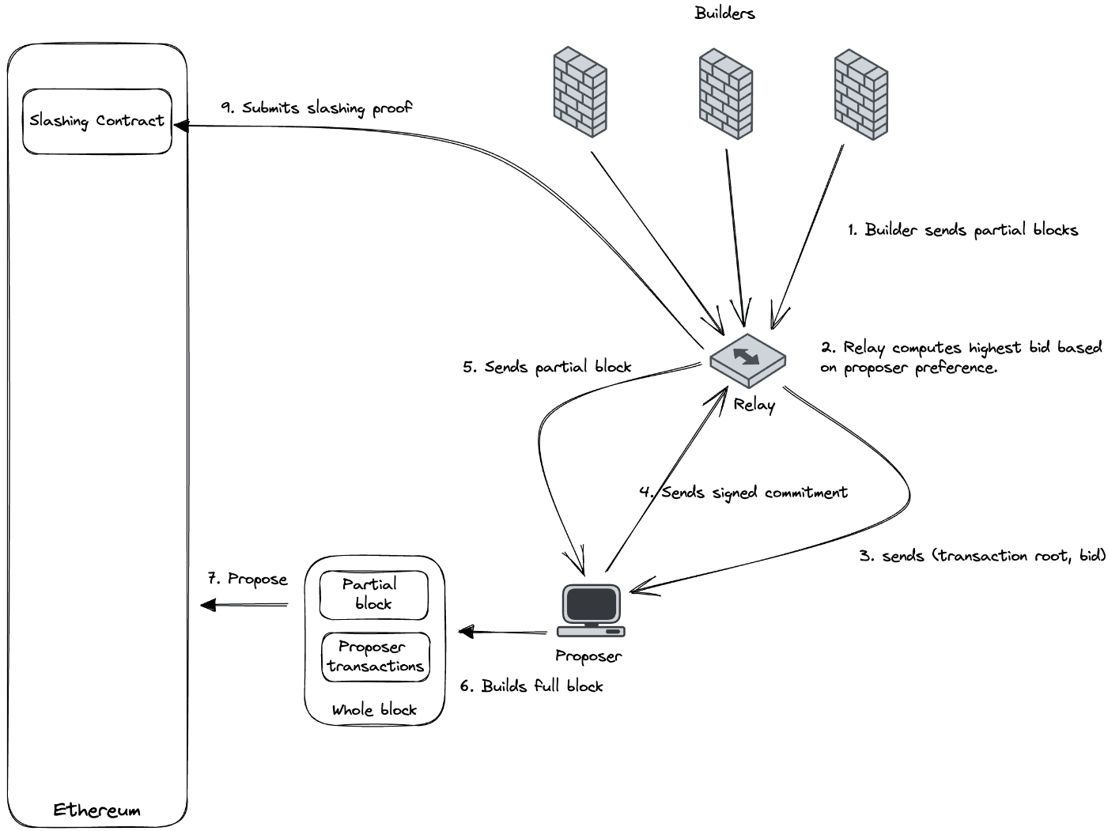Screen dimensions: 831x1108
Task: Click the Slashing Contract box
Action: pos(97,121)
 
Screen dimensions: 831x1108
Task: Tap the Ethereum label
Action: pos(96,810)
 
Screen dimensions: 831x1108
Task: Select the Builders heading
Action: pos(724,13)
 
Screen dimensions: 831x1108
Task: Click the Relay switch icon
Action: pos(748,358)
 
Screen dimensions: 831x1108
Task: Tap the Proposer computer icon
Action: pos(591,611)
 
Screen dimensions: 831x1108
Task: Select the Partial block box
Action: pos(373,595)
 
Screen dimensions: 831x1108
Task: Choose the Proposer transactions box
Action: pos(376,656)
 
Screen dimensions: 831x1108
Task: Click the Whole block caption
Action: pos(374,709)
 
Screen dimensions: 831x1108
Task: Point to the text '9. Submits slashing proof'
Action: pos(316,108)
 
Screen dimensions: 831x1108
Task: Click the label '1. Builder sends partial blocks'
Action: pos(962,230)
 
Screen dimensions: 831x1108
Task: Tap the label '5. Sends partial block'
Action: pos(547,367)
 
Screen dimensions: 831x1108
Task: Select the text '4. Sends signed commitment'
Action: pos(743,493)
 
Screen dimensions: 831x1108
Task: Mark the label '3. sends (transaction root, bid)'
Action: pos(982,556)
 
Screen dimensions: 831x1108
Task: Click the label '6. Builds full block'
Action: pos(531,686)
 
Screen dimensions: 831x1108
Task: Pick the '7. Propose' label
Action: pos(248,579)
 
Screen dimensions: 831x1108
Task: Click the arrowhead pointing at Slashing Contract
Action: pos(180,125)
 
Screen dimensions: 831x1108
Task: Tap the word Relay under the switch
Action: pos(754,405)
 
